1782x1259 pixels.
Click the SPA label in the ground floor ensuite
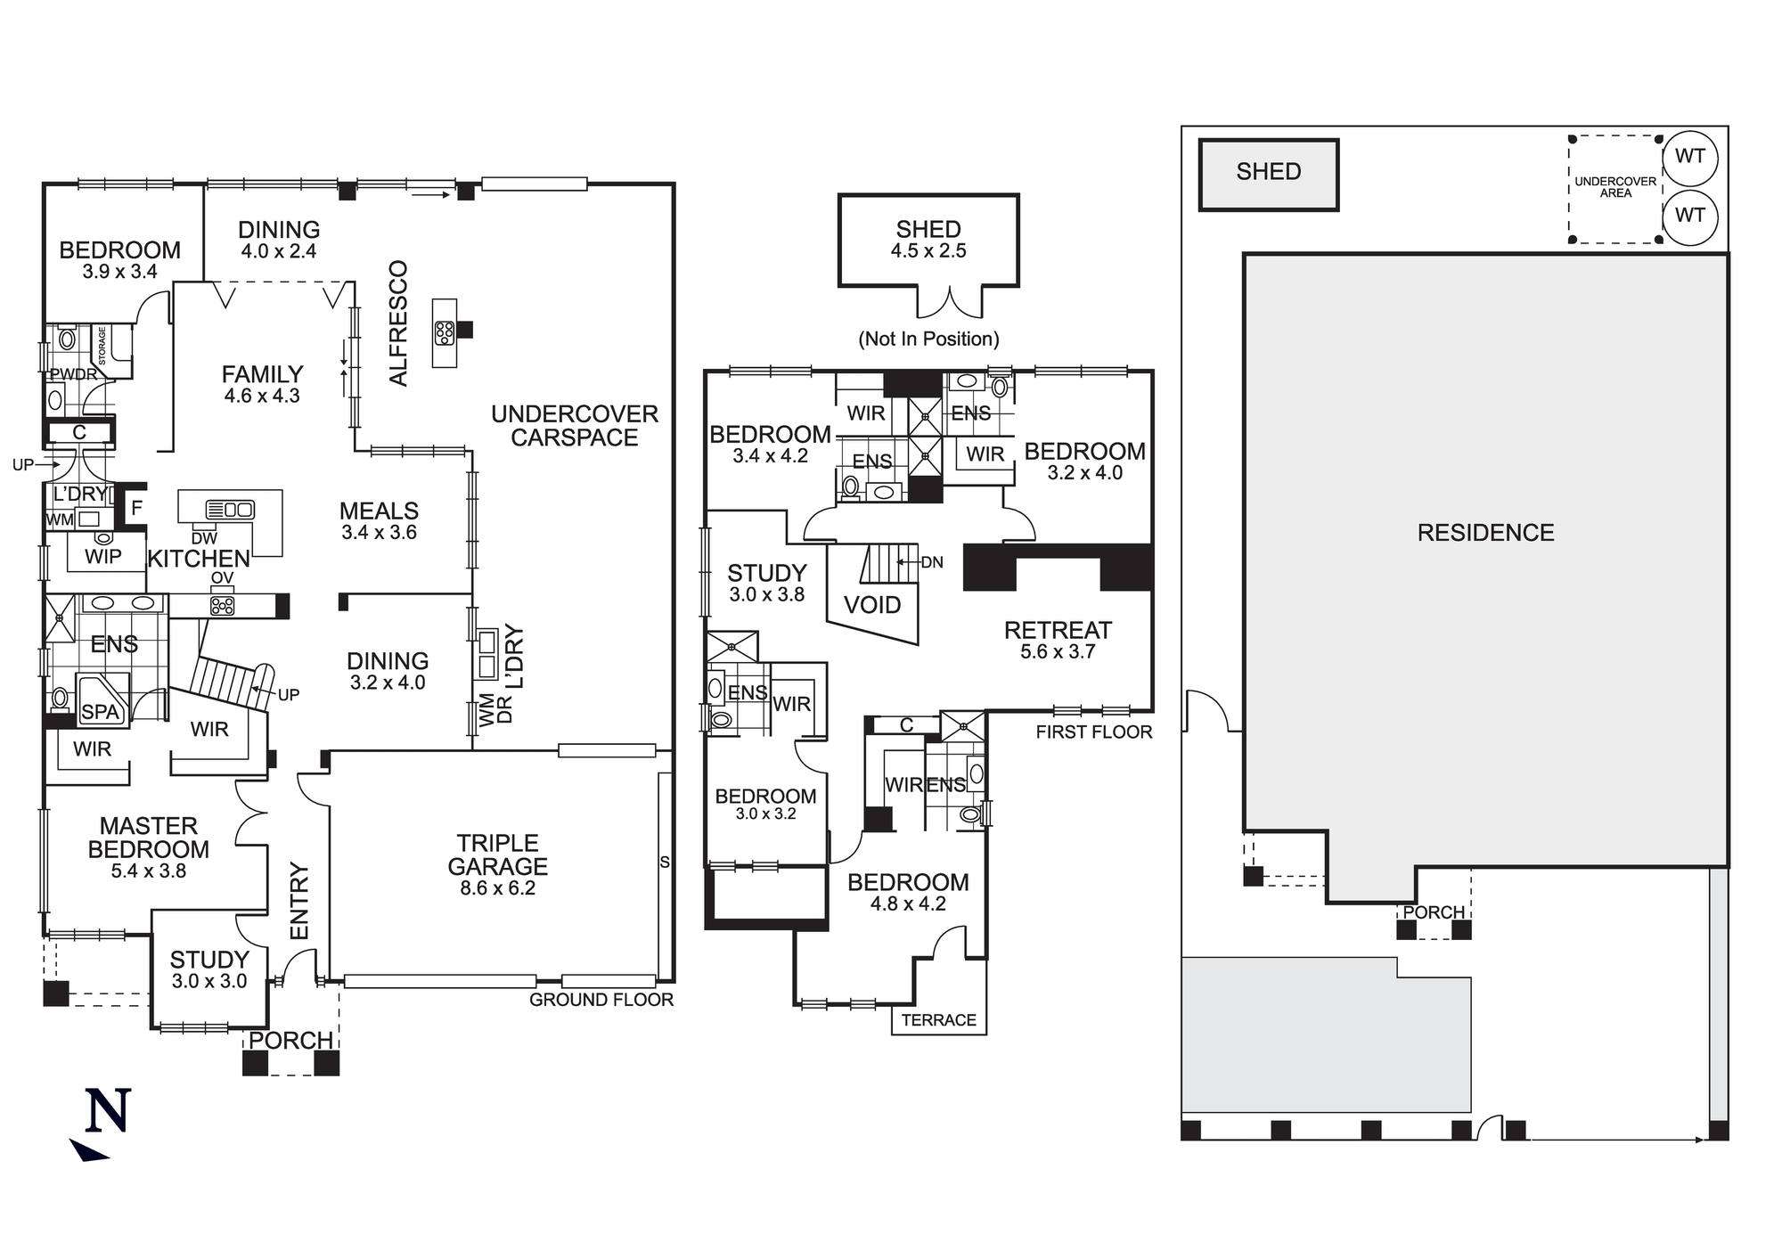click(x=100, y=712)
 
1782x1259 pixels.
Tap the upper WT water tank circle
click(x=1689, y=158)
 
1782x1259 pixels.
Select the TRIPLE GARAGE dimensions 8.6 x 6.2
click(x=497, y=888)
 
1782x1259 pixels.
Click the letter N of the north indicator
click(x=108, y=1111)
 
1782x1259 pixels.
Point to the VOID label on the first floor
click(x=871, y=606)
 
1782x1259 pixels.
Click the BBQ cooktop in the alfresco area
click(x=444, y=332)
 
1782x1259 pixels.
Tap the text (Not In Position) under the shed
click(x=928, y=339)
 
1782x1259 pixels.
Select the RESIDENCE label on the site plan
click(x=1485, y=533)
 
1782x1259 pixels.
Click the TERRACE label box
click(x=938, y=1020)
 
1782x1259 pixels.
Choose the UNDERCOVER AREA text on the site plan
click(x=1614, y=187)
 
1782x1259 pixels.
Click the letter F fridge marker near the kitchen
click(x=136, y=509)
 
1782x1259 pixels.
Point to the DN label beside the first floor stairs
click(x=932, y=562)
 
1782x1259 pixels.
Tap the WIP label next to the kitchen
click(x=103, y=557)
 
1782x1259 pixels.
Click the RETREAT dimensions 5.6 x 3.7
click(x=1058, y=652)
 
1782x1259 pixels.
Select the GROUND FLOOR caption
click(x=601, y=1000)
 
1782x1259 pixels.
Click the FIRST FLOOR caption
click(x=1093, y=732)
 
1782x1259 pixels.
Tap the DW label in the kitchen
click(x=204, y=538)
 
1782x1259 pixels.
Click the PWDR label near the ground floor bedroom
click(x=73, y=374)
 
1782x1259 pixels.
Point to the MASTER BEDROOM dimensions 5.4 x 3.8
click(x=148, y=871)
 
